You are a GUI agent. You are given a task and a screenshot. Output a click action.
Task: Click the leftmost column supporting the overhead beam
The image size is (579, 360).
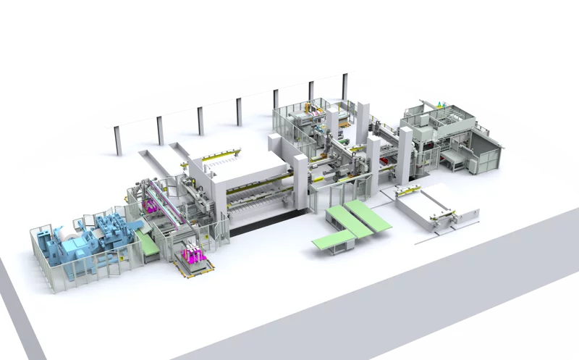[x=118, y=142]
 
